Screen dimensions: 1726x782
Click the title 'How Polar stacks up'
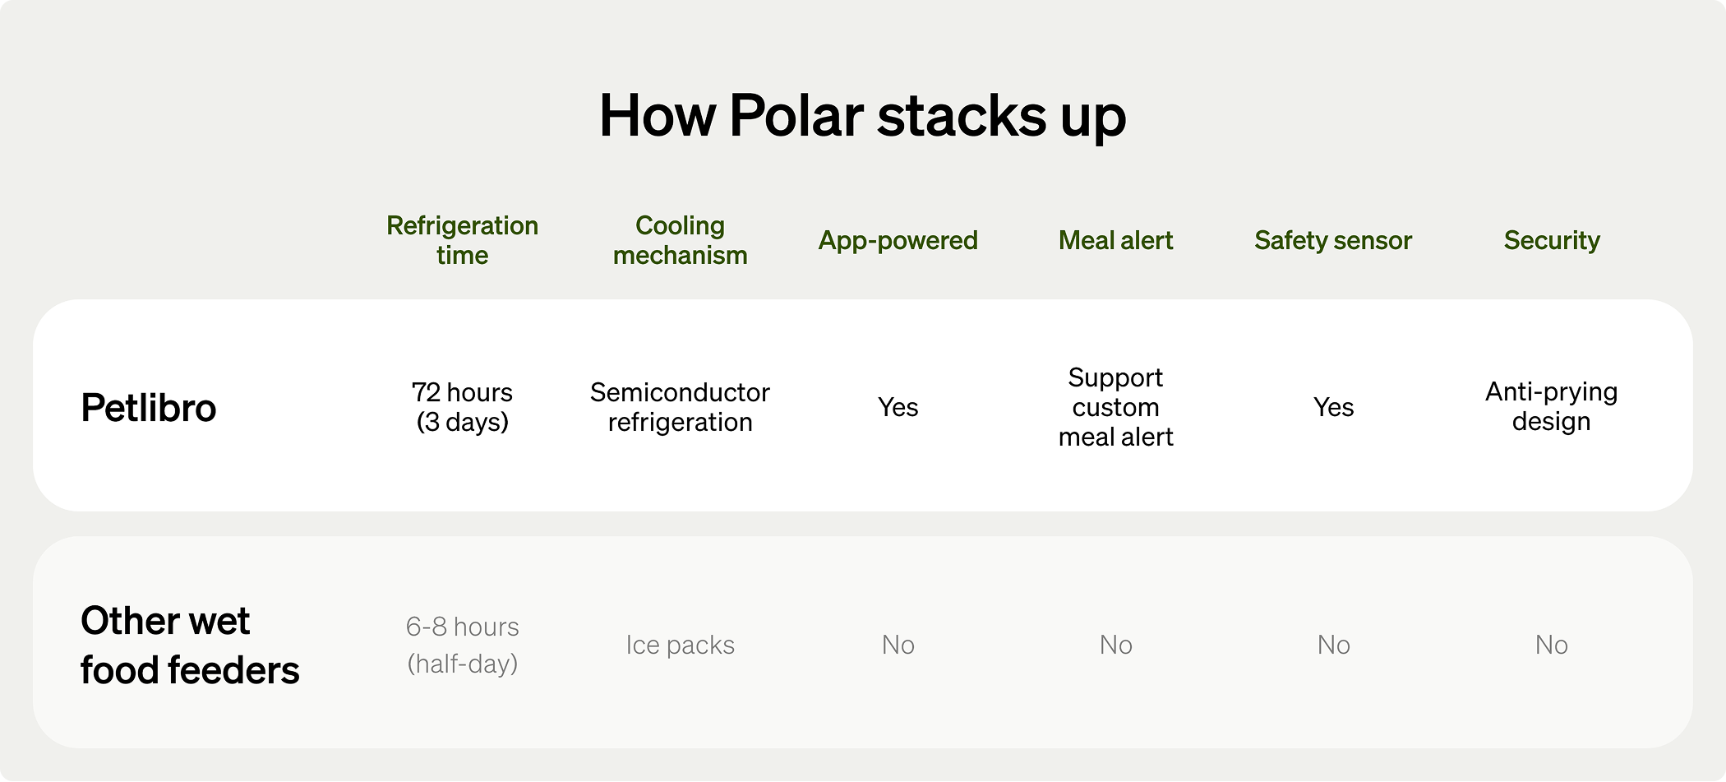[x=862, y=117]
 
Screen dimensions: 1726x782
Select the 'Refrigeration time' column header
[x=462, y=240]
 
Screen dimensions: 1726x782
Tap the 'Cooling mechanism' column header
[x=680, y=240]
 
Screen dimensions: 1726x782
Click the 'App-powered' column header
[x=898, y=240]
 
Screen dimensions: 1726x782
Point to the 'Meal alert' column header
[x=1115, y=240]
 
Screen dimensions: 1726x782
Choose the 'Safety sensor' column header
[x=1333, y=240]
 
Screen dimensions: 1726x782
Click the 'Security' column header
[x=1552, y=240]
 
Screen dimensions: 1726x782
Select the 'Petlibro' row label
[x=149, y=408]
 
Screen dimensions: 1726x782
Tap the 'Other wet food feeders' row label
[x=190, y=645]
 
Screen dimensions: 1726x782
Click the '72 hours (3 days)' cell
[x=462, y=407]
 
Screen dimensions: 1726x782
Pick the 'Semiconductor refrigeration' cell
[x=680, y=407]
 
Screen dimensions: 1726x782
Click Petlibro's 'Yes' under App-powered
[x=898, y=407]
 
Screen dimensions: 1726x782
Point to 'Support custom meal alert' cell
[x=1115, y=407]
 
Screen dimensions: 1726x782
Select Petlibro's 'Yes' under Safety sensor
[x=1333, y=407]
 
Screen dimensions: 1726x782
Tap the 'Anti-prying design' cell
[x=1552, y=406]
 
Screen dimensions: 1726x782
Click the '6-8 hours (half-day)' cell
[x=462, y=645]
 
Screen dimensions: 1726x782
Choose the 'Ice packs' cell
[x=680, y=645]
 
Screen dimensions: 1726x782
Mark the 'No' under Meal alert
[x=1115, y=645]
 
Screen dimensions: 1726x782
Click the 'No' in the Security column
[x=1552, y=645]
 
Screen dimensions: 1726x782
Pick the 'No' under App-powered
[x=898, y=645]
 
